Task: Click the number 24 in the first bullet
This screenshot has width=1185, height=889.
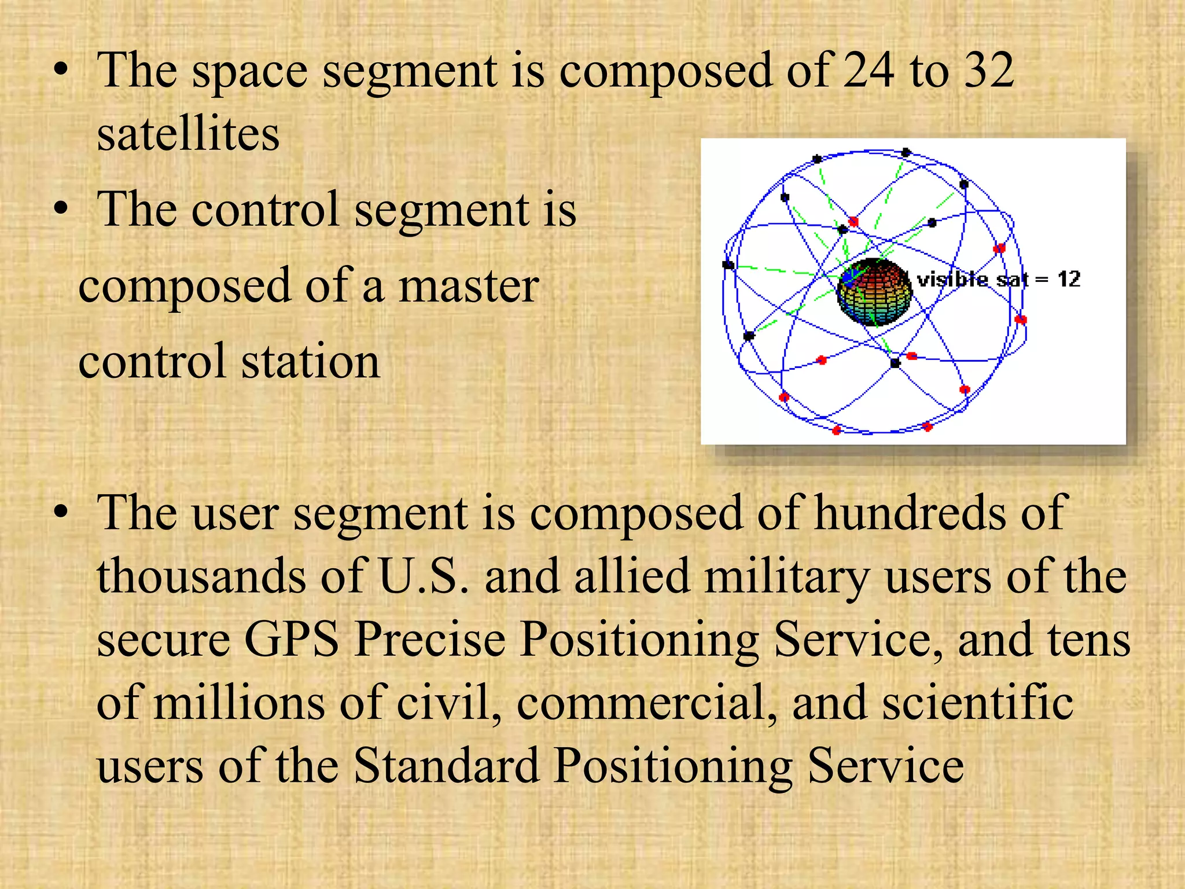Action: tap(868, 71)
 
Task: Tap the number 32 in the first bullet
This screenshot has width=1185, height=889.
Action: tap(989, 71)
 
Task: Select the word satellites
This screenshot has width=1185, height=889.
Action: tap(188, 134)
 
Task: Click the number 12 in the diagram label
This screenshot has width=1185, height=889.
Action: tap(1069, 280)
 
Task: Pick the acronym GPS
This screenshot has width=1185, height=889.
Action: tap(292, 640)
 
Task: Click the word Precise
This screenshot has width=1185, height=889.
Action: tap(430, 640)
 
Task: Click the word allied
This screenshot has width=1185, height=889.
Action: tap(632, 576)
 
